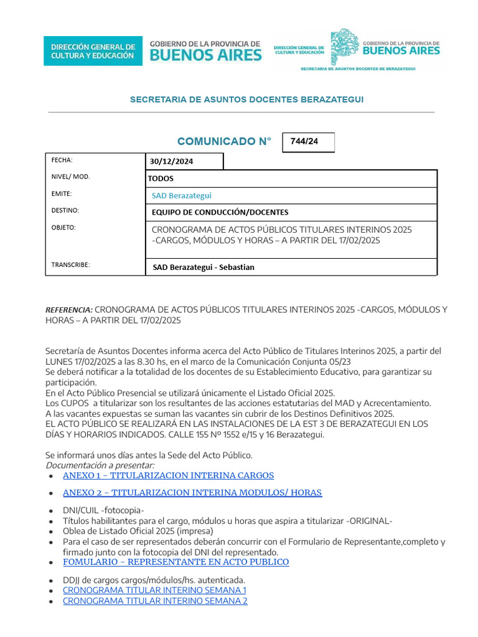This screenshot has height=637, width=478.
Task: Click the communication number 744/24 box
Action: [308, 142]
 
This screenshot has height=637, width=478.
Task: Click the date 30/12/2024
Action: [171, 162]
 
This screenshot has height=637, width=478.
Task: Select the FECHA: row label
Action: [62, 160]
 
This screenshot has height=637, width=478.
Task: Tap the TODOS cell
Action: [161, 179]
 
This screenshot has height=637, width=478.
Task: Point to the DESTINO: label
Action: [65, 211]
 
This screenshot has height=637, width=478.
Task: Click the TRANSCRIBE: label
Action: [70, 265]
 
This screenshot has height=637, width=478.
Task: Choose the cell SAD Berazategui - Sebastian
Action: [204, 267]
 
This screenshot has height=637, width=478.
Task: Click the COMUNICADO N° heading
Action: [224, 142]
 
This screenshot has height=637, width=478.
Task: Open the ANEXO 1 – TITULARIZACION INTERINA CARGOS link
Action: [168, 476]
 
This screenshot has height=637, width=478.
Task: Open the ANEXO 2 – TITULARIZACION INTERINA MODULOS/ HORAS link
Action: [192, 493]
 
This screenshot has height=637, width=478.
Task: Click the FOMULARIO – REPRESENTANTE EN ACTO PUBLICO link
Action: [176, 562]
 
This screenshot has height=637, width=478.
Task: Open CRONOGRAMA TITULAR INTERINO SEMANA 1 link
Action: [155, 590]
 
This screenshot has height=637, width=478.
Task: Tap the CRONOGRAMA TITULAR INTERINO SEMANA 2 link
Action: [155, 601]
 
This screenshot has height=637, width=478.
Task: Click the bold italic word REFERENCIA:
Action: [68, 310]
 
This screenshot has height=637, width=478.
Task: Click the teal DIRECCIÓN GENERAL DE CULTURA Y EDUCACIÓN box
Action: [92, 51]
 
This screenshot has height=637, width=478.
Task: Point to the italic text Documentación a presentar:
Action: [100, 465]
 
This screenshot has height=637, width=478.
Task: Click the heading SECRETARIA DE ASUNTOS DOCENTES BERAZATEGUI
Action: [246, 100]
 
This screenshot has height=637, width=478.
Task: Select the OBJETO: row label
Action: [63, 228]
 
